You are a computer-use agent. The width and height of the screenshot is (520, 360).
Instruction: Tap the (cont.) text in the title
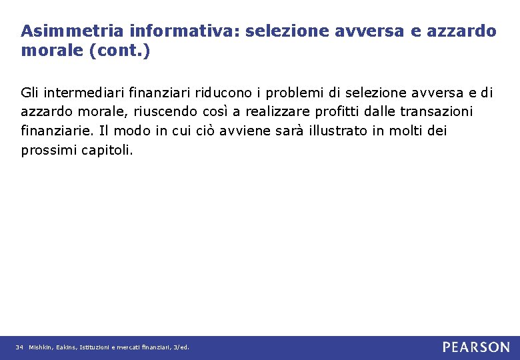point(117,51)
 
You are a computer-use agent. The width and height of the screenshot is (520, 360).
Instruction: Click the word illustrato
point(338,131)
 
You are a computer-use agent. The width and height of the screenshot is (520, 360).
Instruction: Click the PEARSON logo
point(476,347)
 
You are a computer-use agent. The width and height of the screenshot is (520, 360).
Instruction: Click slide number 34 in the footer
point(19,347)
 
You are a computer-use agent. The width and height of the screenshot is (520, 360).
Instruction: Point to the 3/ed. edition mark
point(181,347)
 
